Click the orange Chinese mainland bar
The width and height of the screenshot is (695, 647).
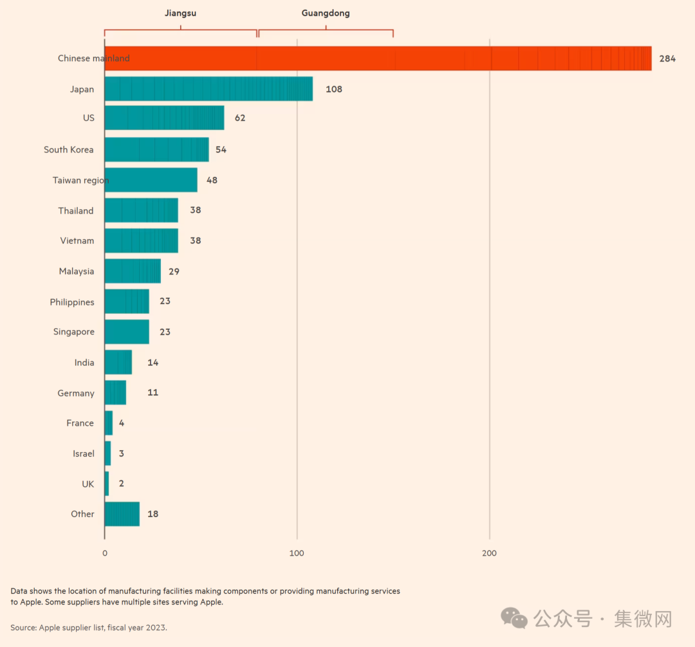tap(378, 59)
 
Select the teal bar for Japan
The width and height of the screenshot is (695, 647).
tap(208, 89)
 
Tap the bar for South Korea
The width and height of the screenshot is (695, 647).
tap(156, 149)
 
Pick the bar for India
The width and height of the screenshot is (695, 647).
tap(118, 362)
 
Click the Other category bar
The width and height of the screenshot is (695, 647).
tap(122, 514)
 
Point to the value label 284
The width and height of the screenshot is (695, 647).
tap(667, 59)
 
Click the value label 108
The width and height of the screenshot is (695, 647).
tap(334, 89)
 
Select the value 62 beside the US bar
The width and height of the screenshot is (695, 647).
tap(240, 118)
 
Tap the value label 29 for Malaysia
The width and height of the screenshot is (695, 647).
tap(174, 271)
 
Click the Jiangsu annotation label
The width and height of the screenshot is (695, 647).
tap(180, 13)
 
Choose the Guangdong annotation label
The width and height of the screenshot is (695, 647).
tap(326, 13)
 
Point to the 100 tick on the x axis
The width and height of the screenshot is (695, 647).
tap(297, 553)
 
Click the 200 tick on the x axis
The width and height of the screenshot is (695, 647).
tap(489, 553)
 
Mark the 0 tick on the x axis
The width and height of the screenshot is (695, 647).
tap(105, 553)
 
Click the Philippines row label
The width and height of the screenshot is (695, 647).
tap(72, 302)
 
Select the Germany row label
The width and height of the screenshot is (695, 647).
tap(76, 393)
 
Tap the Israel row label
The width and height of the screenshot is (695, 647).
tap(84, 453)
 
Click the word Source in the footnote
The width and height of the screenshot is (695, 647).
tap(23, 627)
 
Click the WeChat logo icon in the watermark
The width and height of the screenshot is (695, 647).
tap(514, 619)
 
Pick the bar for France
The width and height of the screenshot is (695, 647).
tap(109, 423)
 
